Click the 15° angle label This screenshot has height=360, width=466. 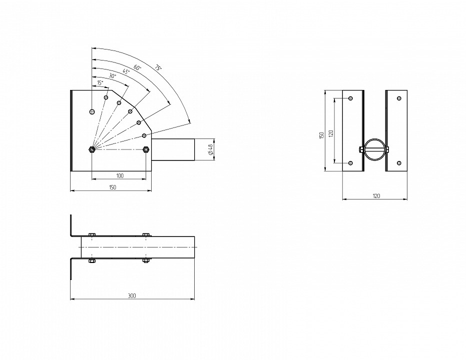pos(100,83)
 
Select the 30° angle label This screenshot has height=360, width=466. pos(112,76)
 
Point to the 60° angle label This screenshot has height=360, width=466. pos(138,67)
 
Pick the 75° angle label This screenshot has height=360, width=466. pos(158,67)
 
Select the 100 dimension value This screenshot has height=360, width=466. pos(120,175)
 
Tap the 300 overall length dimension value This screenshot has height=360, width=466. pos(132,295)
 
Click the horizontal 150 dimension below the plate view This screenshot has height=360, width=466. pos(113,187)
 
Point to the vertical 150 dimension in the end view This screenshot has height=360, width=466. pos(321,135)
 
